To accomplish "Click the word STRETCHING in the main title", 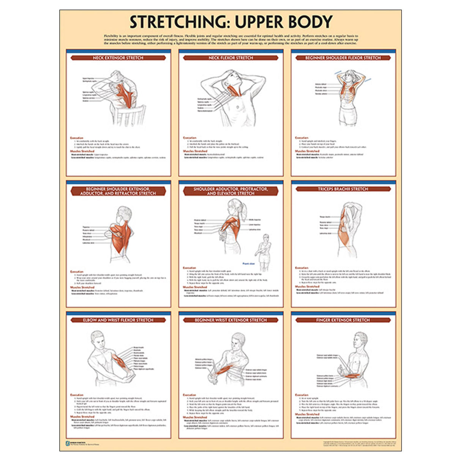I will (x=177, y=22).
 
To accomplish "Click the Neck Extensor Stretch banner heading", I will (x=118, y=58).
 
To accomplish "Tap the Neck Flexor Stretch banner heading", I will (x=230, y=58).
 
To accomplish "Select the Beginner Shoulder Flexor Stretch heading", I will (x=343, y=58).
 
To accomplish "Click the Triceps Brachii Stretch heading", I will (x=343, y=189).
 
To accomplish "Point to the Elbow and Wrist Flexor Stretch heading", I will (x=118, y=320).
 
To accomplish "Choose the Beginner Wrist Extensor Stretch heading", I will (x=230, y=320).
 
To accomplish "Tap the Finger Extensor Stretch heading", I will (x=343, y=320).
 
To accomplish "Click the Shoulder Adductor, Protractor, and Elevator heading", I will (x=230, y=191).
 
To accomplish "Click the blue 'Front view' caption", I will (x=249, y=264).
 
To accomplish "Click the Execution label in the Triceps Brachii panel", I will (x=302, y=268).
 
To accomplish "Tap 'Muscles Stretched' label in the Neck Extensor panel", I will (x=82, y=151).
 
